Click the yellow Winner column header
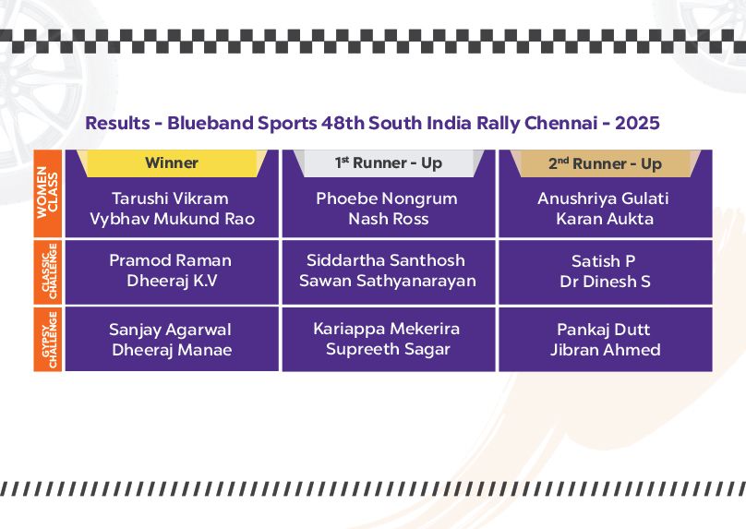point(172,163)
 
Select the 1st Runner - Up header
point(389,163)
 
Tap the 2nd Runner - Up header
point(605,163)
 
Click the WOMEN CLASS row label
point(48,193)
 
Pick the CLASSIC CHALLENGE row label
point(48,271)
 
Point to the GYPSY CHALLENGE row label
point(48,339)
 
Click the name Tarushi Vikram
point(170,198)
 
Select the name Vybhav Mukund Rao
point(173,219)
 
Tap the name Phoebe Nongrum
point(387,198)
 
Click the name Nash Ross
point(389,219)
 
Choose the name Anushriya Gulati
point(603,198)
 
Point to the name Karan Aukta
point(605,219)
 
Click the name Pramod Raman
point(170,260)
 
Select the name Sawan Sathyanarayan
point(388,281)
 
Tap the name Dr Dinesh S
point(605,282)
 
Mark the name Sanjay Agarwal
point(170,330)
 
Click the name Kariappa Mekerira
point(387,329)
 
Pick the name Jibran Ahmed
point(606,350)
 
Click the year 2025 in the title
point(638,123)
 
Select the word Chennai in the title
point(561,123)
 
